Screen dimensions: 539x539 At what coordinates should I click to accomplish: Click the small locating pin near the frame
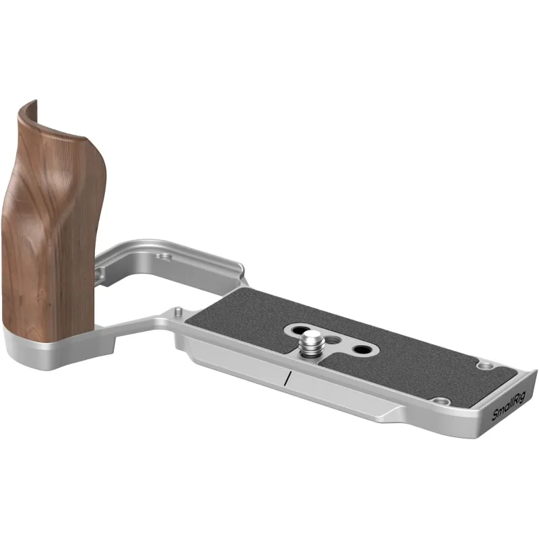(178, 312)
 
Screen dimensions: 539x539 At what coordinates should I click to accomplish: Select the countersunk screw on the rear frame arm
(163, 257)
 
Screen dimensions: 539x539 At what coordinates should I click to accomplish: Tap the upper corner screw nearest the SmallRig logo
(484, 365)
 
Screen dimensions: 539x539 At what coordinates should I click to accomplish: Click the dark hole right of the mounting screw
(360, 350)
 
